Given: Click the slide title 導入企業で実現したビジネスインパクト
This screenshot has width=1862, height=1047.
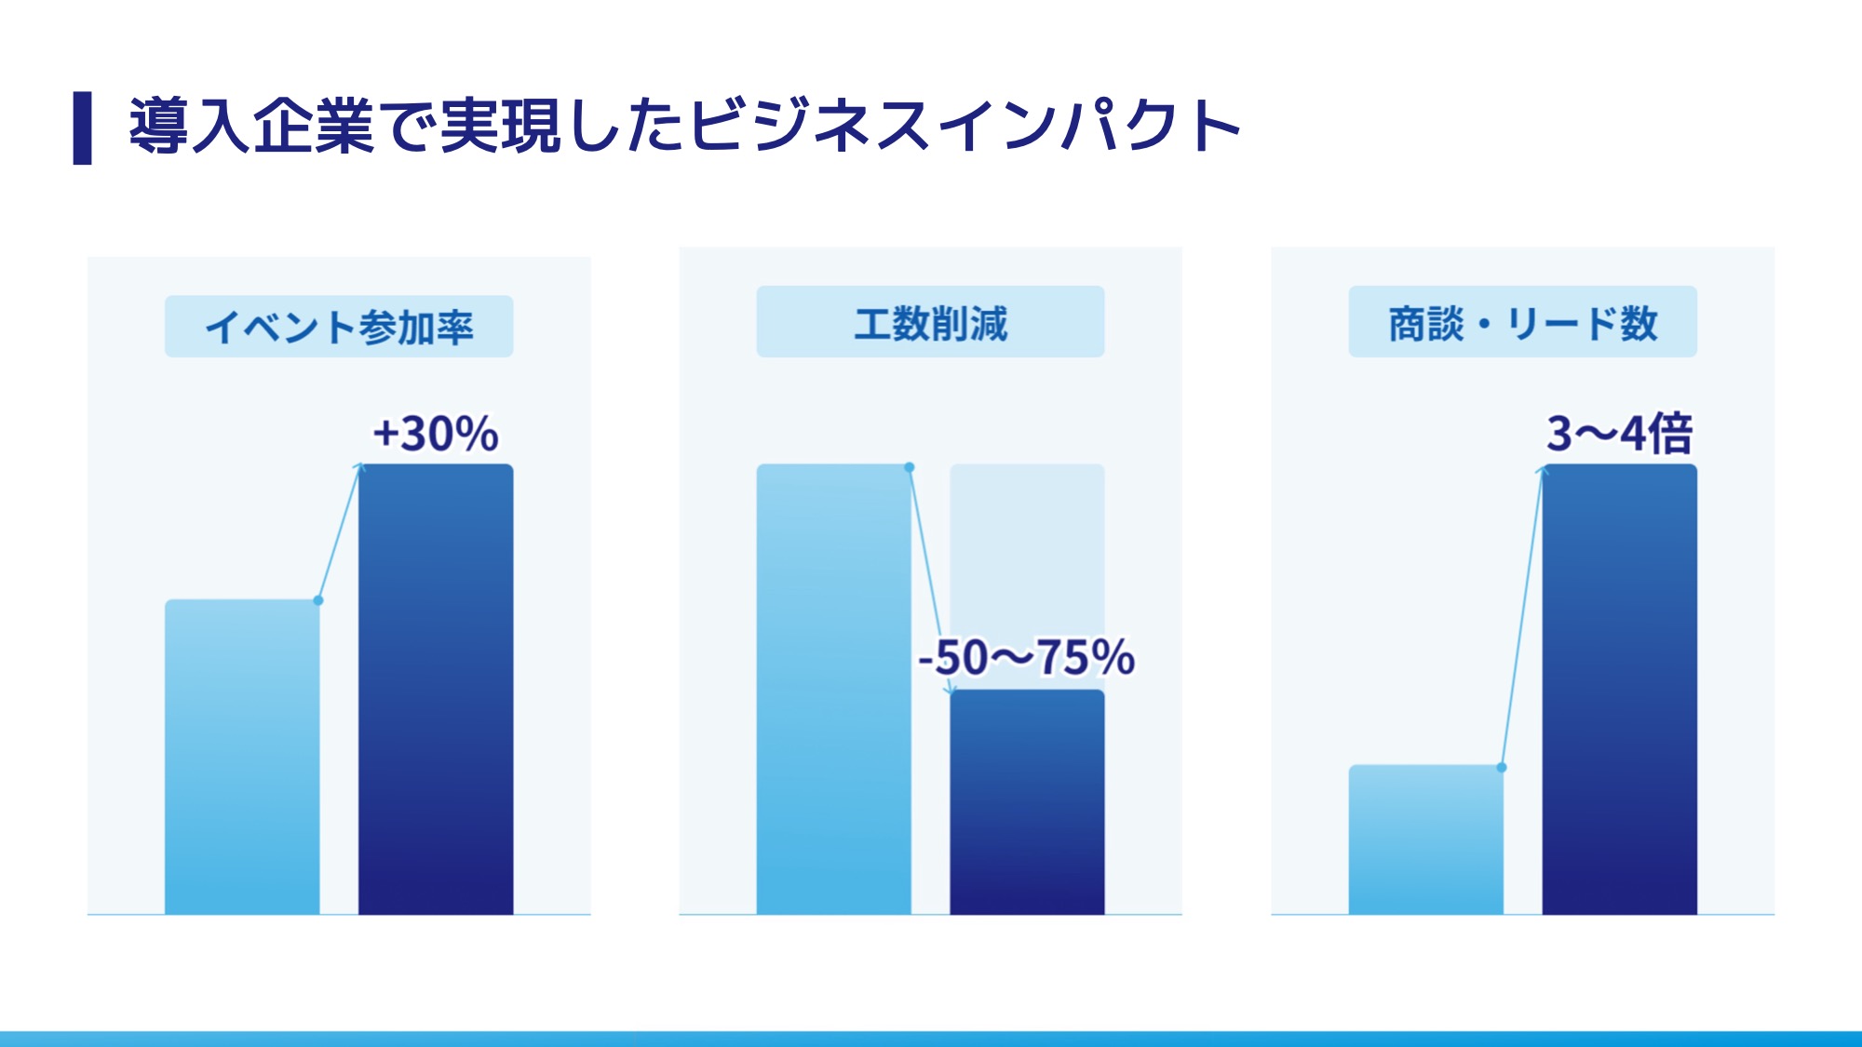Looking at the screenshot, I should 684,126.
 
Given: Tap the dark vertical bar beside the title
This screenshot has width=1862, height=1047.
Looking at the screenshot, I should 83,128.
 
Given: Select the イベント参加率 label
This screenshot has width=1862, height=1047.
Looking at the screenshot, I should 339,327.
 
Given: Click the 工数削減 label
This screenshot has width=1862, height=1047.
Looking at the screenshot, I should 930,323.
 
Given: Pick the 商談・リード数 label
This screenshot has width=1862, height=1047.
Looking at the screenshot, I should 1522,323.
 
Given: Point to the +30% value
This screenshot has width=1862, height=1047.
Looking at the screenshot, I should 436,434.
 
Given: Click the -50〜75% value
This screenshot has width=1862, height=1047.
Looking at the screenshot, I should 1026,657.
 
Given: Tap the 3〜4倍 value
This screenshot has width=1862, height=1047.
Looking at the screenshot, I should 1619,434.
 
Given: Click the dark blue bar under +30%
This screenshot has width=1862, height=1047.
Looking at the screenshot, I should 436,689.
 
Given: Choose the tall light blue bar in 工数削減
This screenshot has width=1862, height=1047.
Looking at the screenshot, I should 833,689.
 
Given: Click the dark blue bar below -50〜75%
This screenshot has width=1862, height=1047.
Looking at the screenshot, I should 1027,802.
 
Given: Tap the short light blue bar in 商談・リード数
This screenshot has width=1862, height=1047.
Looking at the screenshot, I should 1425,839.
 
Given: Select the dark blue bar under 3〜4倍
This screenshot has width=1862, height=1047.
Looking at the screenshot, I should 1619,689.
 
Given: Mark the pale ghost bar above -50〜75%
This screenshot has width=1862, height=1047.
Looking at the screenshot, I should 1027,549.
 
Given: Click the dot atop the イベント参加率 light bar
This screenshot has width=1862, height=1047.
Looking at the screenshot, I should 318,600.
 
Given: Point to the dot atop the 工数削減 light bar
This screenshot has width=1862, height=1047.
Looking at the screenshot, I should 910,467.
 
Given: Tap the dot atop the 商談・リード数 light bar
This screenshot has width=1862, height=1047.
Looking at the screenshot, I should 1502,768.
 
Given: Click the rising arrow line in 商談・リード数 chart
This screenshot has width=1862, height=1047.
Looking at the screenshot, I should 1521,619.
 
